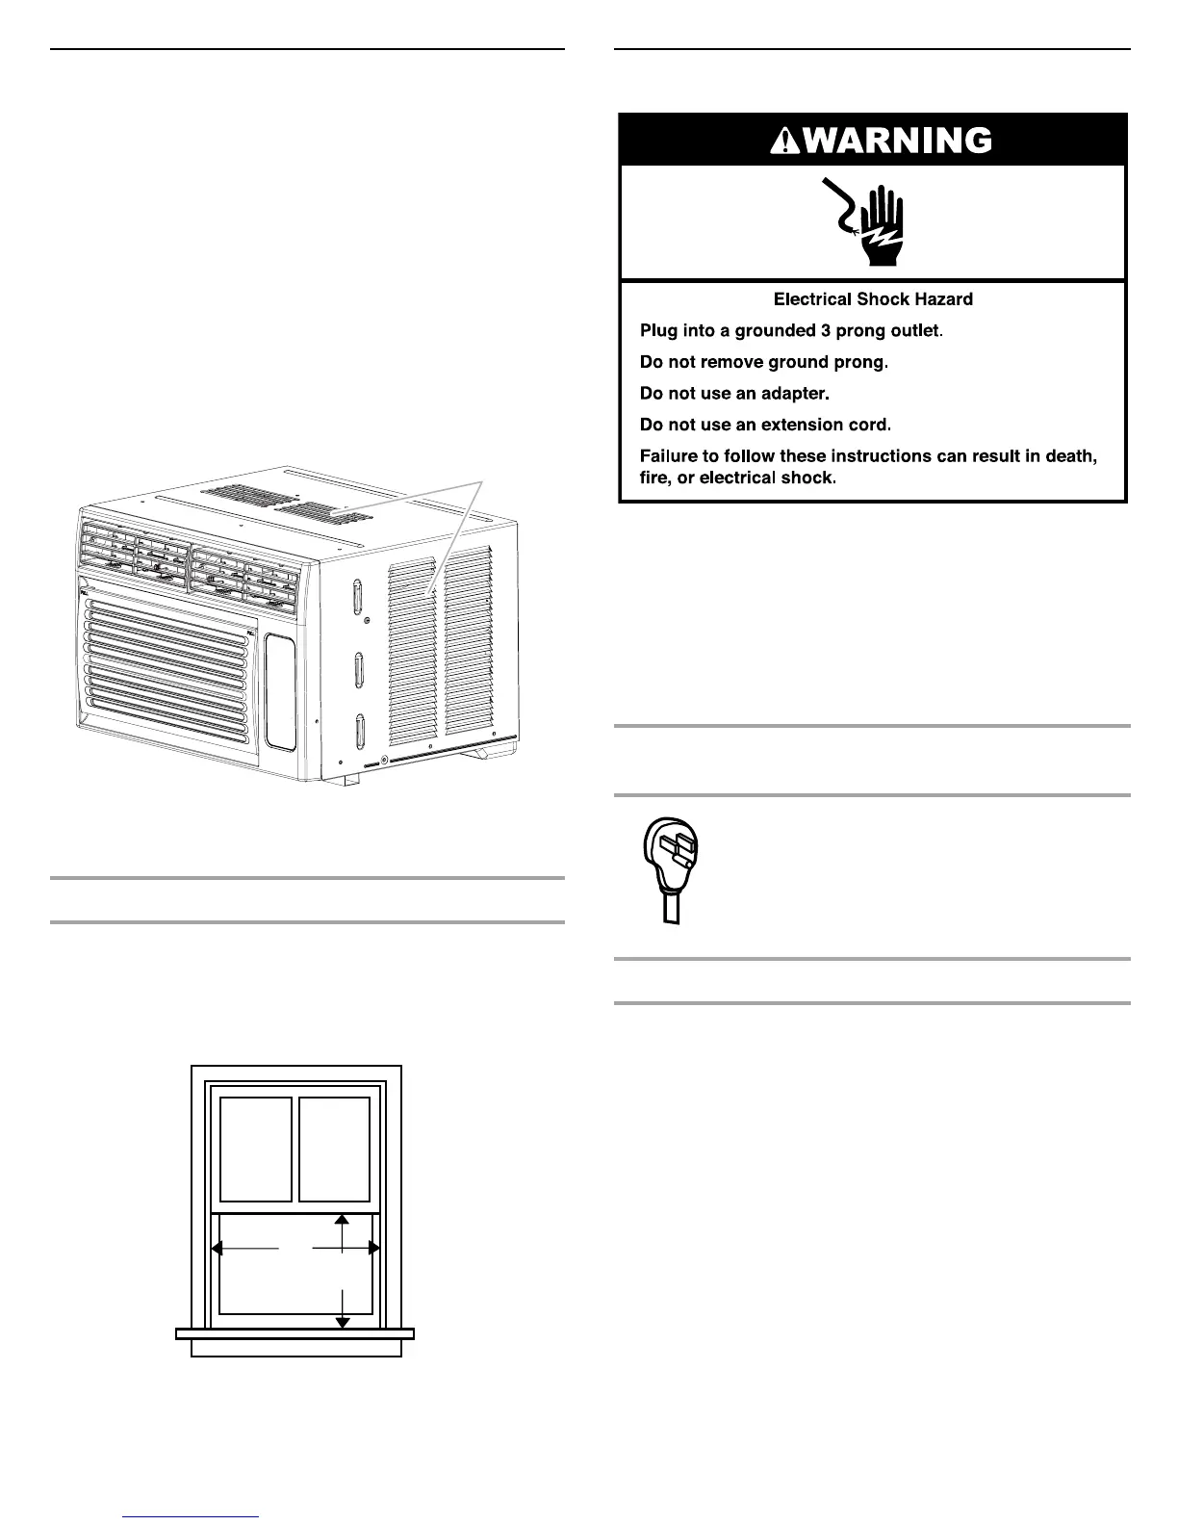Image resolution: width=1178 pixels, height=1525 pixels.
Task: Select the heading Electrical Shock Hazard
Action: [x=873, y=299]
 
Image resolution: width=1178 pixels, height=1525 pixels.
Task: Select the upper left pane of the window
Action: [x=256, y=1149]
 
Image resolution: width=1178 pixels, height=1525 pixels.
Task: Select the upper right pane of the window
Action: [x=334, y=1149]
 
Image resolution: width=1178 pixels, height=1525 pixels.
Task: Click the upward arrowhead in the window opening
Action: [x=342, y=1220]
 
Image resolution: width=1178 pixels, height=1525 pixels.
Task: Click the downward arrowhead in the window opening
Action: [x=342, y=1322]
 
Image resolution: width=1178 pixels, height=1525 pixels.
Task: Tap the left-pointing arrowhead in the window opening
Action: [x=217, y=1248]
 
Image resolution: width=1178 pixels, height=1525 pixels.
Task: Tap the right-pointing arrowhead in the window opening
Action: [x=374, y=1248]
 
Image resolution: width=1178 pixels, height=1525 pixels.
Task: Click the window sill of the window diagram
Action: [x=294, y=1333]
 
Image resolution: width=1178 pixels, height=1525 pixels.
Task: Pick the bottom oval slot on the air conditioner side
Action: [x=359, y=732]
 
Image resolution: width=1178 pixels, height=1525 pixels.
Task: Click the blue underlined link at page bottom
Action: [x=192, y=1516]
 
